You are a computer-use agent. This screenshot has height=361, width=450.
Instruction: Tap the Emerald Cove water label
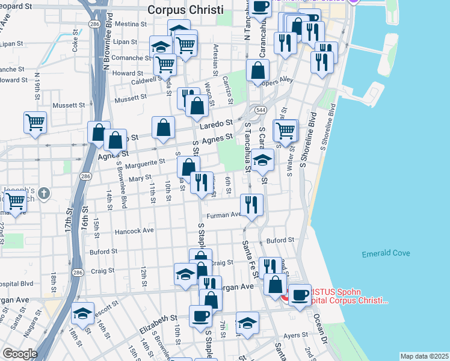386,254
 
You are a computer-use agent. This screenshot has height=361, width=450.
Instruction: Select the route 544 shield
260,110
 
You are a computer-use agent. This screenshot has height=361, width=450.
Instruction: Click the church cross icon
43,193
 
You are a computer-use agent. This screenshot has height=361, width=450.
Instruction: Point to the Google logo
20,354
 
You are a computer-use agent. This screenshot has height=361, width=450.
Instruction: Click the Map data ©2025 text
424,356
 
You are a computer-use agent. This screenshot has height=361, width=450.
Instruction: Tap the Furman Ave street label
224,215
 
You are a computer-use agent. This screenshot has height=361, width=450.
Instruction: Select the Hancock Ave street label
135,230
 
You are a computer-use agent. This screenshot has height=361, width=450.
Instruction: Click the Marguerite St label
144,162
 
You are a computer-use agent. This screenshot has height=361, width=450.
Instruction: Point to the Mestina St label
132,25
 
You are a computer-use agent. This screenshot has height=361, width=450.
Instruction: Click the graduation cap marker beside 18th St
82,313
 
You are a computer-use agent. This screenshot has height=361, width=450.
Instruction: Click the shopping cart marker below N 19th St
35,122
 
